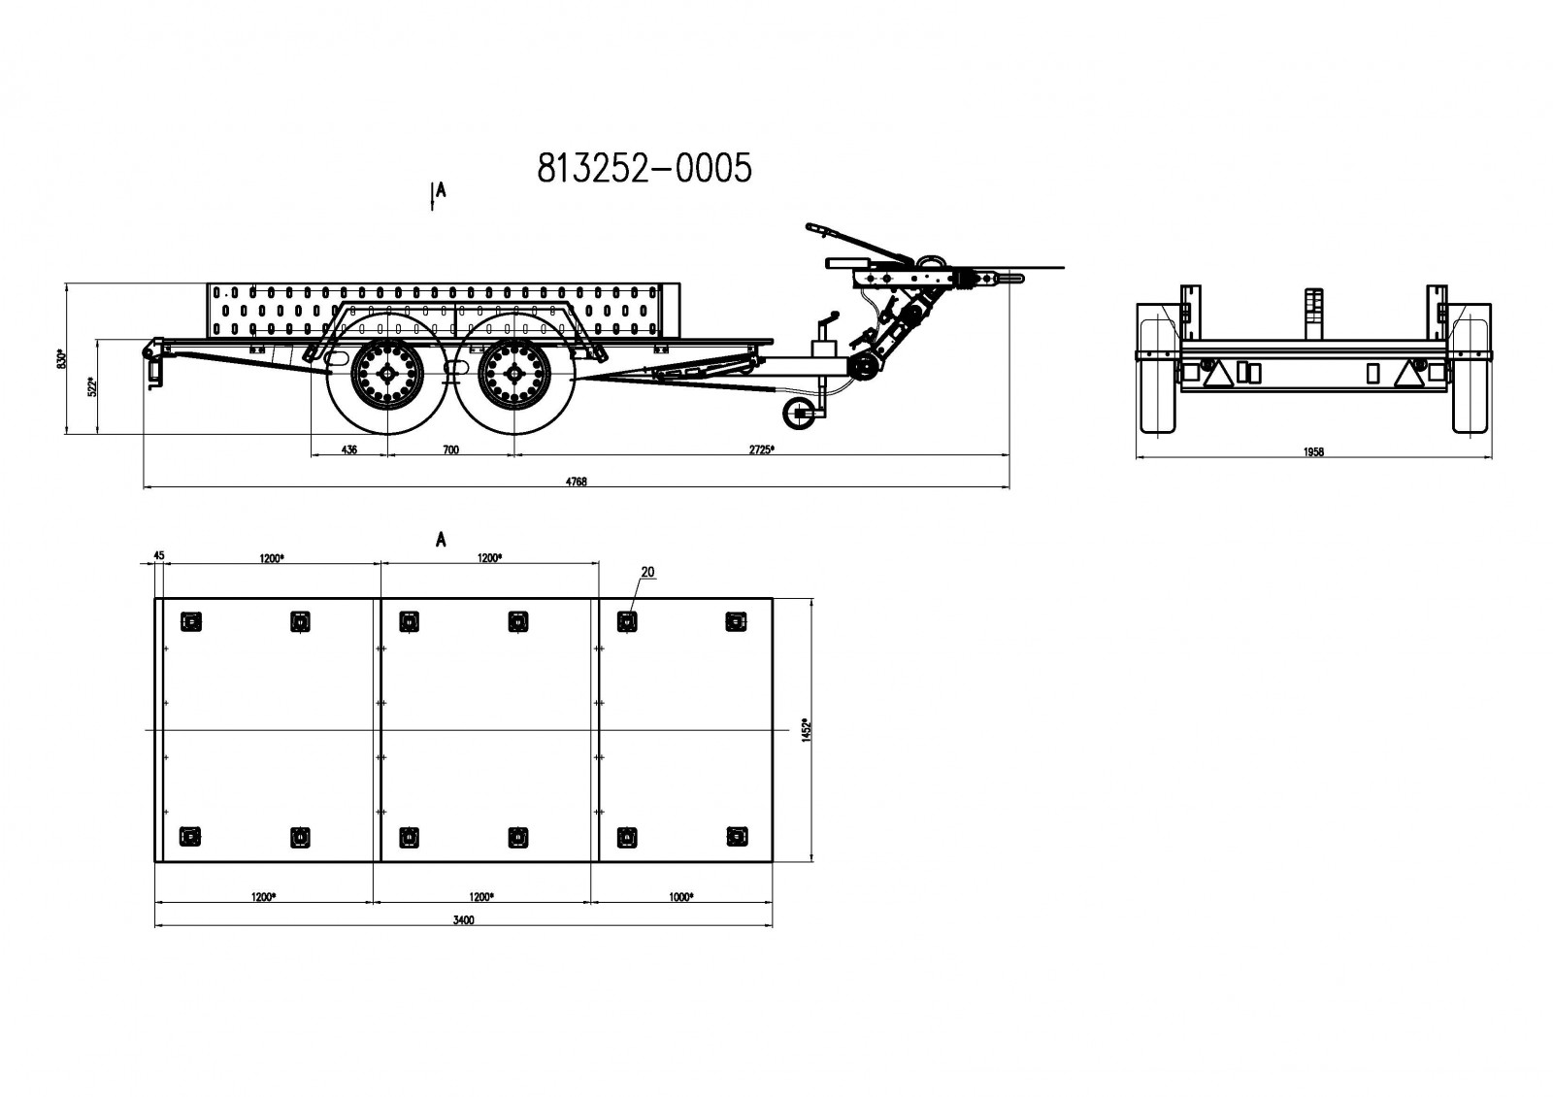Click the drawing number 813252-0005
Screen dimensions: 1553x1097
[x=644, y=168]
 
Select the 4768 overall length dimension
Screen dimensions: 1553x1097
[x=577, y=482]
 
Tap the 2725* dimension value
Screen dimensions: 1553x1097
[x=761, y=449]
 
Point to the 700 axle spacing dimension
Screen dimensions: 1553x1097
[x=450, y=449]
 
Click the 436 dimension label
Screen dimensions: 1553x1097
[x=349, y=449]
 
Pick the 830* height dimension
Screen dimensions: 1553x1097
[x=62, y=358]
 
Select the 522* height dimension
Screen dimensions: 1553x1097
[x=93, y=386]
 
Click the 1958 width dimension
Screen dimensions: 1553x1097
[x=1313, y=452]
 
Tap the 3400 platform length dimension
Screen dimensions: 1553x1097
[x=464, y=920]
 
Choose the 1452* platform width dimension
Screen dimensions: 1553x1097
[x=807, y=729]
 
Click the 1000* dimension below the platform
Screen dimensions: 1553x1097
[x=680, y=897]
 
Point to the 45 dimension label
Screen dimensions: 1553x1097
[x=159, y=554]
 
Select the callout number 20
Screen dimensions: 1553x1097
[x=647, y=572]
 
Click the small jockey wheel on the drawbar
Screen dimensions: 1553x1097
[x=798, y=414]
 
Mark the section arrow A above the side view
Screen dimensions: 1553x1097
[x=437, y=195]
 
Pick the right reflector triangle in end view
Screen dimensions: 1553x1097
[x=1408, y=374]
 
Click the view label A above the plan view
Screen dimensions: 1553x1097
[x=441, y=540]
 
